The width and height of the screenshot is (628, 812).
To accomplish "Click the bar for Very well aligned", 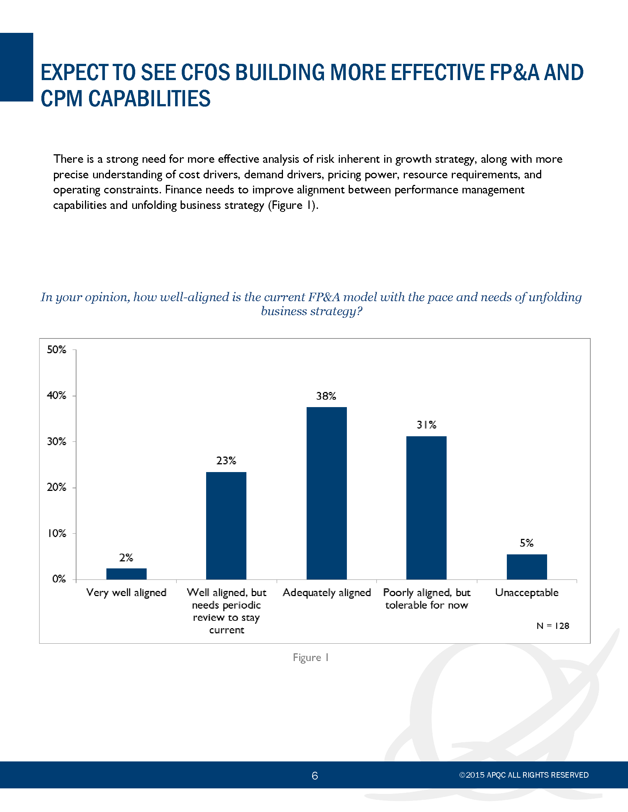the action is point(126,574).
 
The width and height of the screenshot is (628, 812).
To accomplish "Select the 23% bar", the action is point(226,526).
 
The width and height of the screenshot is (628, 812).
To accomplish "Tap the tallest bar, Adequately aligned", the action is point(327,493).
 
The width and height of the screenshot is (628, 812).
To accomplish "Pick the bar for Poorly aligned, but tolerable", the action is point(426,507).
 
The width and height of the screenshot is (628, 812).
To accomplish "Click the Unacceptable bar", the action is point(527,567).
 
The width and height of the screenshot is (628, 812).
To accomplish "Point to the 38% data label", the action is point(326,396).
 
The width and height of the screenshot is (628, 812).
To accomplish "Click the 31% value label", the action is point(426,425).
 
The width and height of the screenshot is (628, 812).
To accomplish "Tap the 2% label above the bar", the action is point(126,558).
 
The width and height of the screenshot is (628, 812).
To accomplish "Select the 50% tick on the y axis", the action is point(57,350).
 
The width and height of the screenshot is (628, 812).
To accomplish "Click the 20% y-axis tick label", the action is point(57,488).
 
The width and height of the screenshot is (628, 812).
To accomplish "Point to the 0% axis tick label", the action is point(59,579).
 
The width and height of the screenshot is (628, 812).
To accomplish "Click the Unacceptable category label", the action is point(527,592).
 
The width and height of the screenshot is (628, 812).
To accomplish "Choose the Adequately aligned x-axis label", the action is point(327,593).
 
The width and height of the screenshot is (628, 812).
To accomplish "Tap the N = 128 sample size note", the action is point(553,626).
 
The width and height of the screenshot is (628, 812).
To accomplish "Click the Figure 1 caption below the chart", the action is point(311,658).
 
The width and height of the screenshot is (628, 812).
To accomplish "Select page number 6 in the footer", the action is point(315,775).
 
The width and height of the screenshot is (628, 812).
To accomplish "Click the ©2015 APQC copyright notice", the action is point(524,775).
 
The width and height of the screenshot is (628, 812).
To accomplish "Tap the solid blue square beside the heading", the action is point(16,67).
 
